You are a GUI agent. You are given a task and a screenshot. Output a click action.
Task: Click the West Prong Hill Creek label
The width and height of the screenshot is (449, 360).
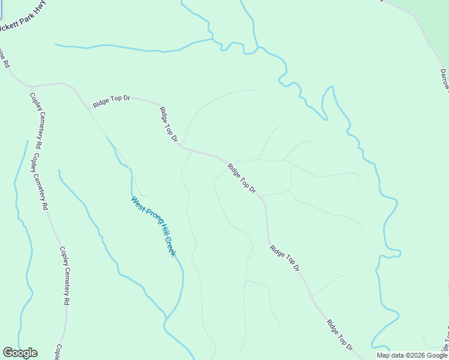[154, 227]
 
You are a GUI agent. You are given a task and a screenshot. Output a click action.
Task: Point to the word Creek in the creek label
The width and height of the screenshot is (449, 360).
[170, 246]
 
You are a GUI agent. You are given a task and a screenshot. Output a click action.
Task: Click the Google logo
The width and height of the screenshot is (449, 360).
[20, 353]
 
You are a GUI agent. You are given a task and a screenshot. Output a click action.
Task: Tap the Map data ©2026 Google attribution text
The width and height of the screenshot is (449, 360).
[412, 355]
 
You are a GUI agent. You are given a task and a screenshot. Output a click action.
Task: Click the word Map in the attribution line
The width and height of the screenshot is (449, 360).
[383, 355]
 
